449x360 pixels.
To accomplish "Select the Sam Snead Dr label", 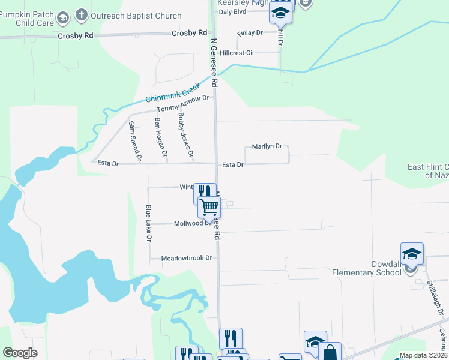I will click(x=134, y=142).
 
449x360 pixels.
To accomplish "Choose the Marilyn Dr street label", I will click(x=267, y=146).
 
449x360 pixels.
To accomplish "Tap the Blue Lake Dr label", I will click(x=148, y=224).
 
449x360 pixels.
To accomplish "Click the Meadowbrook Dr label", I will click(x=187, y=258).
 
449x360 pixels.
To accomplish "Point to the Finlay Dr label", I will click(x=250, y=33).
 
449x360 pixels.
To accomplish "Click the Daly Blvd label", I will click(x=233, y=11).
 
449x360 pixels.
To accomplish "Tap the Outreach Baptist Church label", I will click(x=136, y=16).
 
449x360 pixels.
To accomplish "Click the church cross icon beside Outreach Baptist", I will click(x=80, y=15).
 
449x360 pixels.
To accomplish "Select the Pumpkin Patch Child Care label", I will click(x=26, y=19).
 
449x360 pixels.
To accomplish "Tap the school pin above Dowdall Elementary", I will click(x=412, y=254).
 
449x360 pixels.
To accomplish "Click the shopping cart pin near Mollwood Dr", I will click(x=209, y=207).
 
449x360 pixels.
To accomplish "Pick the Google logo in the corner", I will click(x=20, y=352).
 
